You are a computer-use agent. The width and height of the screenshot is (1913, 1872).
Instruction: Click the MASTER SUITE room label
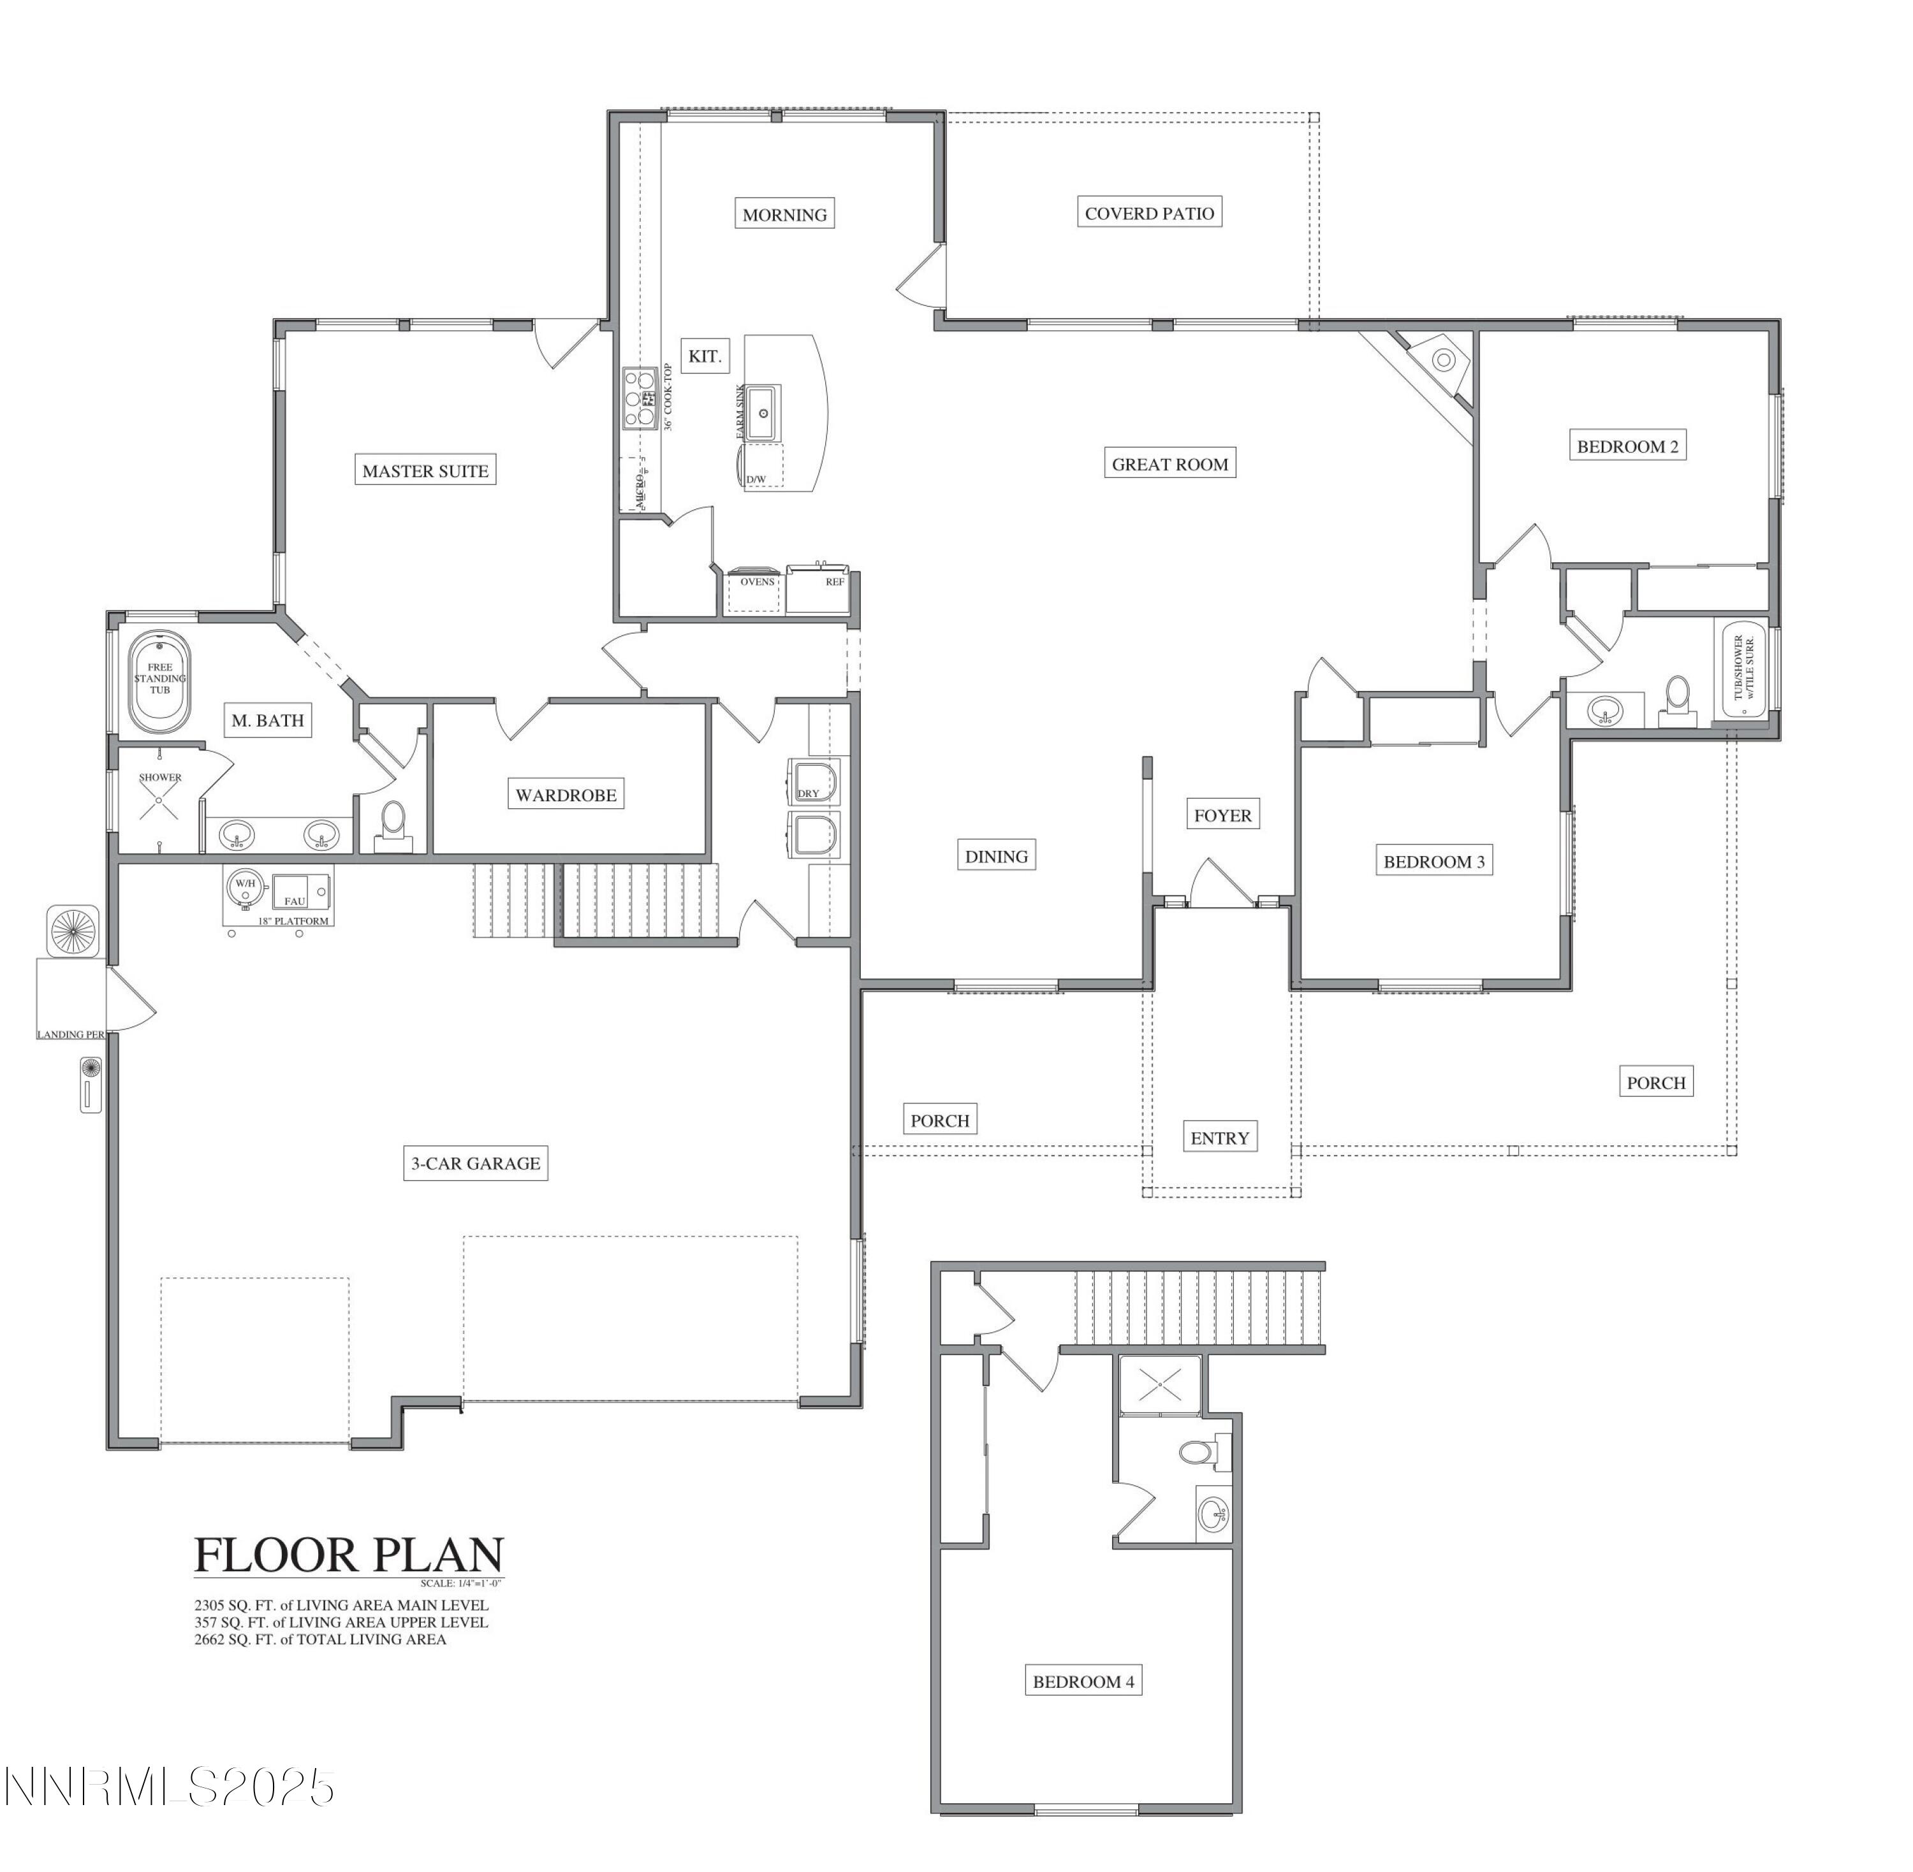click(425, 471)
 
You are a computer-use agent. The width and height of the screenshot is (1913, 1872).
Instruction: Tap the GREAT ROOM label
click(1169, 464)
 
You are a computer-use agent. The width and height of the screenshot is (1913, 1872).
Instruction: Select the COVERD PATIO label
click(1149, 214)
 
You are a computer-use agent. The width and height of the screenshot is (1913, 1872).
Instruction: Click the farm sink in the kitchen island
click(762, 413)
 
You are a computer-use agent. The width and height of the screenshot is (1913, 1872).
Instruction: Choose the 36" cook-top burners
click(640, 399)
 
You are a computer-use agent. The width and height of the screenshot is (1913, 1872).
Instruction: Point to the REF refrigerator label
click(834, 582)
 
